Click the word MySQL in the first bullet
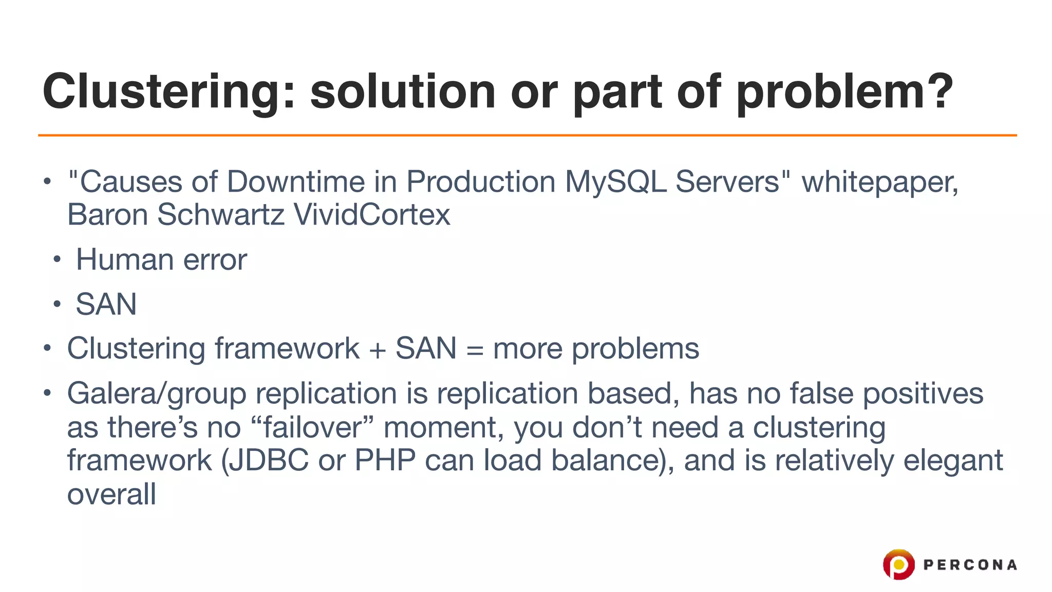[x=615, y=182]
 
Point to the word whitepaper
[x=879, y=183]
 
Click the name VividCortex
[x=371, y=215]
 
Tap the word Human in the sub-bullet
[x=125, y=260]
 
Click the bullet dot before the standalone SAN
[x=57, y=305]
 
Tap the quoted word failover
[x=313, y=428]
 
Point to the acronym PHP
[x=385, y=460]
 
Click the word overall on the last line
[x=111, y=494]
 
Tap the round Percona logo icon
[x=898, y=564]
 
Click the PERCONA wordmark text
[x=970, y=565]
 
